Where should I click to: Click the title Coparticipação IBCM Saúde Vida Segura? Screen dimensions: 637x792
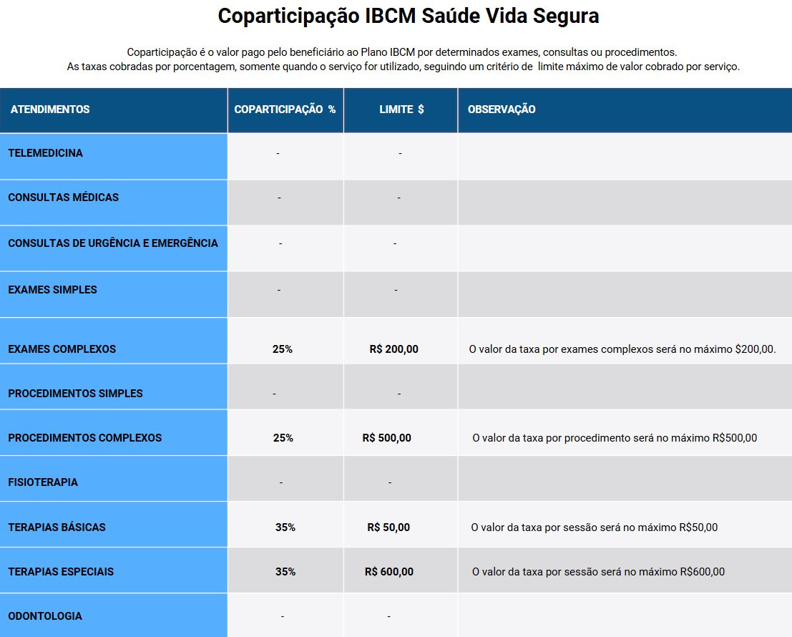(408, 16)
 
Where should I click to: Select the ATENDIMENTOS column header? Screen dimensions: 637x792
(50, 110)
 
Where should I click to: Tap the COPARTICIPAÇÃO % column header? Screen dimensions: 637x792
(285, 110)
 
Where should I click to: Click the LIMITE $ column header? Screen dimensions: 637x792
(401, 110)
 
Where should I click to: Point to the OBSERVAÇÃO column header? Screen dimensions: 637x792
(502, 110)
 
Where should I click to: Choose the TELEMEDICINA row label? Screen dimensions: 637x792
(45, 153)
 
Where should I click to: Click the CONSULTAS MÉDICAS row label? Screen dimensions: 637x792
(63, 198)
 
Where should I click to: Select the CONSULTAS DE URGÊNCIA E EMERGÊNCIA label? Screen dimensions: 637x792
(113, 243)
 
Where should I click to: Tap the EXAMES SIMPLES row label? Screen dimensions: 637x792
(52, 290)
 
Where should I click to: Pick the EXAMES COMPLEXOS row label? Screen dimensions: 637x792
(62, 349)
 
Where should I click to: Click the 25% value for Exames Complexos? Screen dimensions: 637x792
(283, 349)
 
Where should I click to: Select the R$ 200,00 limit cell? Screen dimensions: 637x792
(394, 349)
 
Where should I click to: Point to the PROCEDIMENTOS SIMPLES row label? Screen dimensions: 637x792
(75, 394)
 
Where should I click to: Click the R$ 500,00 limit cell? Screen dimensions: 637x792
(387, 438)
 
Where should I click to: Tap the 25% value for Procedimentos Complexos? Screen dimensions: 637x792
(283, 438)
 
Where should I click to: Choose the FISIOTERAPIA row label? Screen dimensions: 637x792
(43, 482)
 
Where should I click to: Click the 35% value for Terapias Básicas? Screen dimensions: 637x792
(285, 527)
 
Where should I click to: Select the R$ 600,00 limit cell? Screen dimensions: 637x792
(389, 572)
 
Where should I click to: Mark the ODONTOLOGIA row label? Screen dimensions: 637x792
(45, 616)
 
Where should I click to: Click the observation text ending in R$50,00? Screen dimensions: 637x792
(595, 527)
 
